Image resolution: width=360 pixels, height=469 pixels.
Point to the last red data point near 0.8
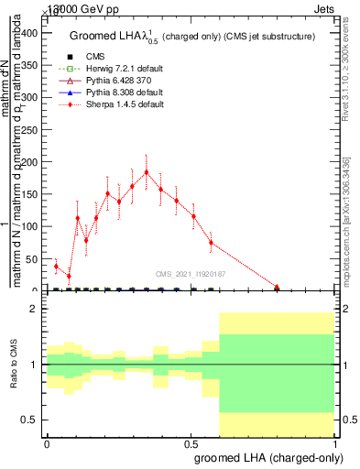click(x=277, y=287)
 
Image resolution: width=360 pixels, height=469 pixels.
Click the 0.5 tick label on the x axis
click(x=191, y=442)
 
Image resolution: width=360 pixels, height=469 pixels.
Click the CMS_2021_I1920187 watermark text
click(x=191, y=273)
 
